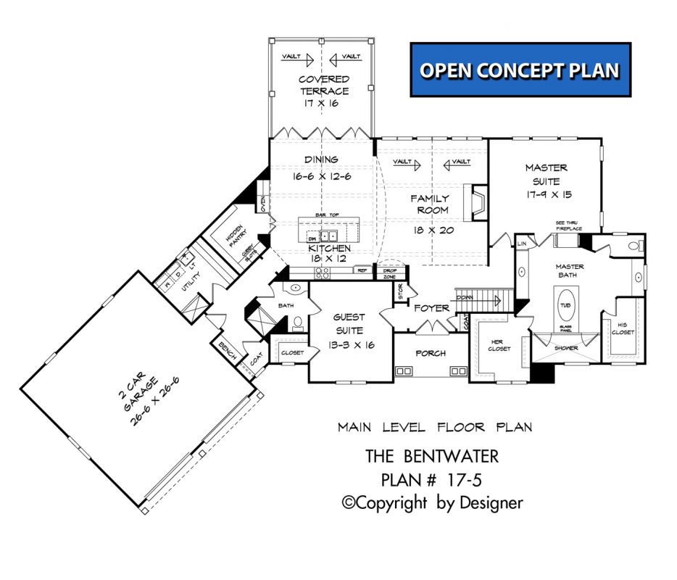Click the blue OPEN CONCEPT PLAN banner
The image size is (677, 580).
tap(520, 70)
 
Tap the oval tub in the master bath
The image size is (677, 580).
tap(565, 305)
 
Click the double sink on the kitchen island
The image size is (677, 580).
tap(329, 236)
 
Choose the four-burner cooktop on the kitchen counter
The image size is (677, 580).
tap(320, 273)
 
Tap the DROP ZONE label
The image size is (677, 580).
tap(389, 273)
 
